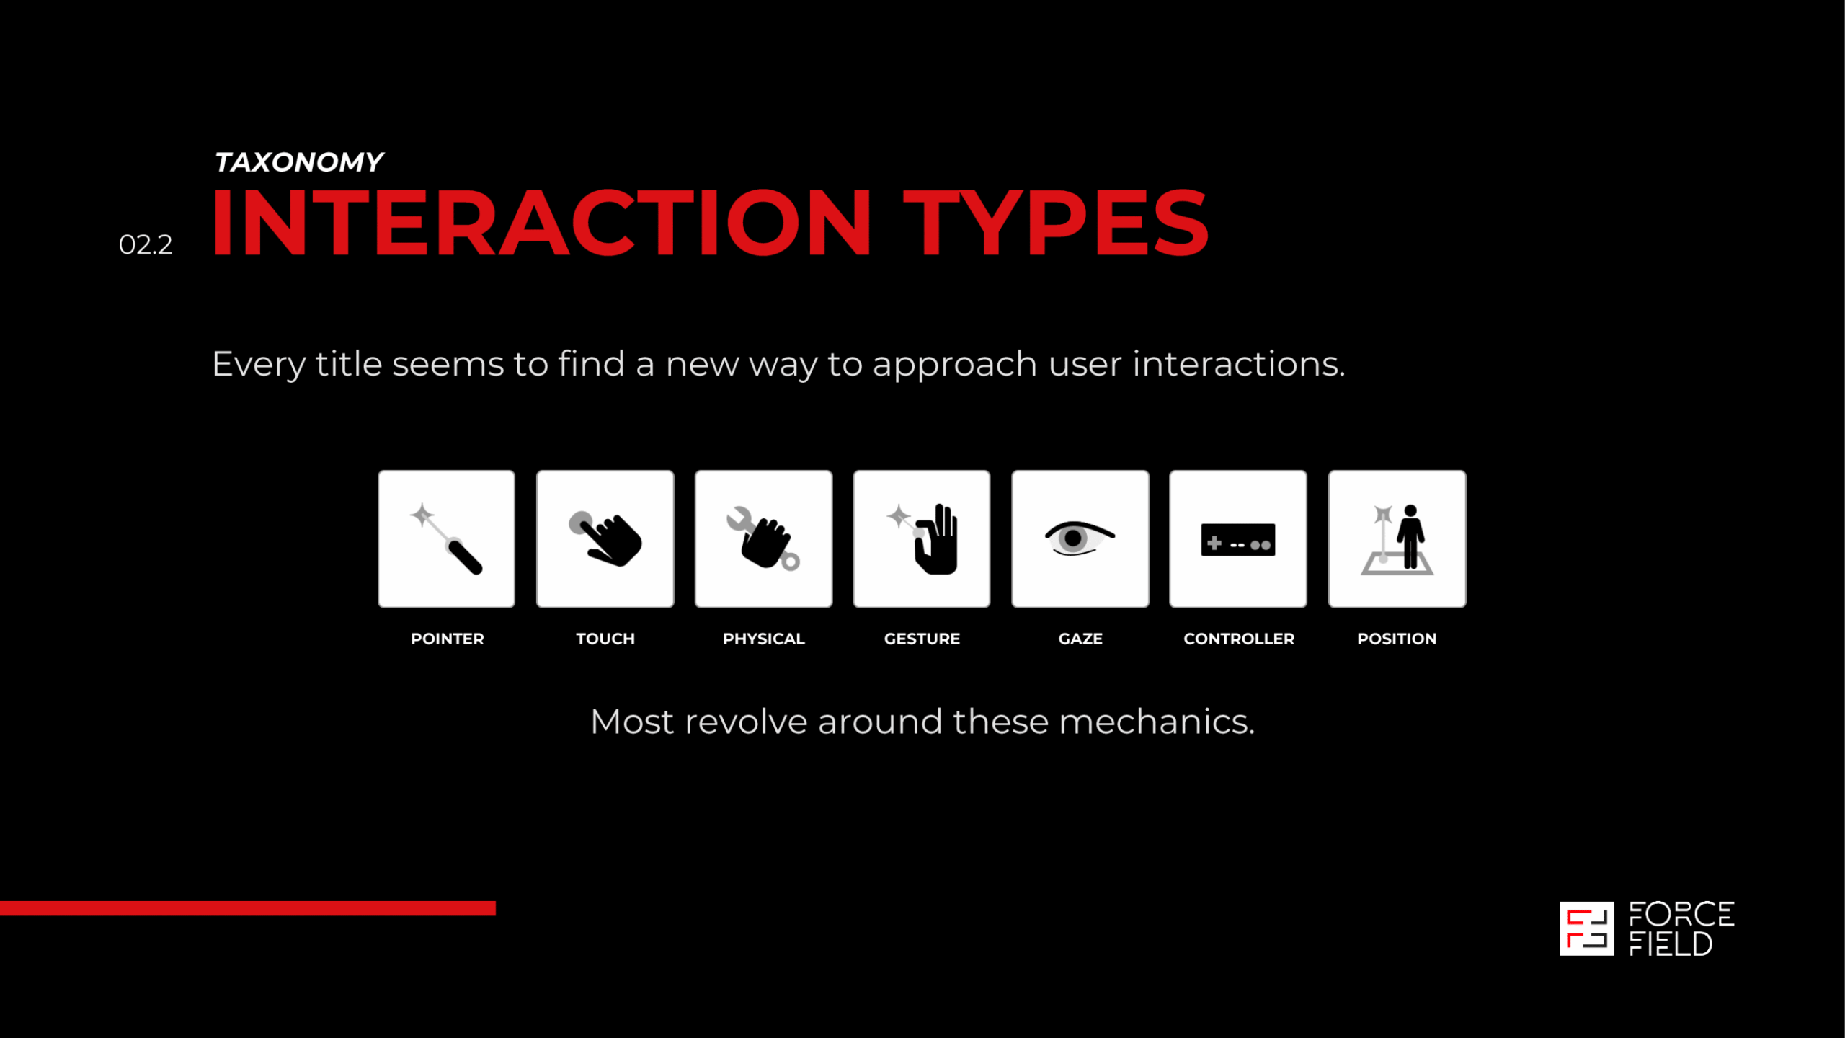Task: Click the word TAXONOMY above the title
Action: tap(299, 162)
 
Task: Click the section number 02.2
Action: tap(146, 245)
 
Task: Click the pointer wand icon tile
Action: tap(447, 539)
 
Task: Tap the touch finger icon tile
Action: tap(605, 539)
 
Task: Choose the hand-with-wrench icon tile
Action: tap(764, 539)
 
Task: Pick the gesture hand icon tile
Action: tap(922, 539)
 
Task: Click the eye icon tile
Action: tap(1080, 539)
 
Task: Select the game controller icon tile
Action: tap(1238, 539)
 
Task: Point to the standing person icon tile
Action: tap(1397, 539)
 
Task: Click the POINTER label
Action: tap(448, 639)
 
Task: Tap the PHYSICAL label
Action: tap(764, 639)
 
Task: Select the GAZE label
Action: tap(1080, 639)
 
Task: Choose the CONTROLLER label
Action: tap(1239, 639)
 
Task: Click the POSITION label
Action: tap(1397, 639)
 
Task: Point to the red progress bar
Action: tap(248, 908)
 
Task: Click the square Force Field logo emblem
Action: tap(1587, 928)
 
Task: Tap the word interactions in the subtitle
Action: tap(1239, 363)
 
